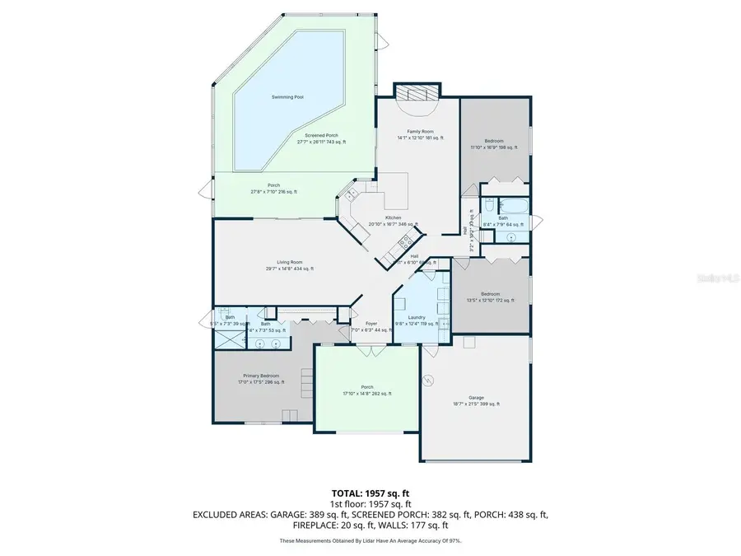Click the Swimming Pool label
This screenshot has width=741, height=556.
[x=287, y=97]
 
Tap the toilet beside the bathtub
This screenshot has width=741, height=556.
[x=488, y=205]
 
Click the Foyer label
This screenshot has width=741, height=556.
[x=370, y=324]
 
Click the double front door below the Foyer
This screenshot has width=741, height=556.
[x=371, y=349]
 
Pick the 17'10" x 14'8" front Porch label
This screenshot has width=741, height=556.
[x=367, y=388]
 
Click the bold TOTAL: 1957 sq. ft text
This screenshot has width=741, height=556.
[x=370, y=492]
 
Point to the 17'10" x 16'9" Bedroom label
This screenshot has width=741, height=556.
[x=494, y=142]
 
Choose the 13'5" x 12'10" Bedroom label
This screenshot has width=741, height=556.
[x=490, y=294]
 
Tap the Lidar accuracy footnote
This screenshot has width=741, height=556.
[x=370, y=540]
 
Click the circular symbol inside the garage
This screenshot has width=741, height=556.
[x=428, y=380]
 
